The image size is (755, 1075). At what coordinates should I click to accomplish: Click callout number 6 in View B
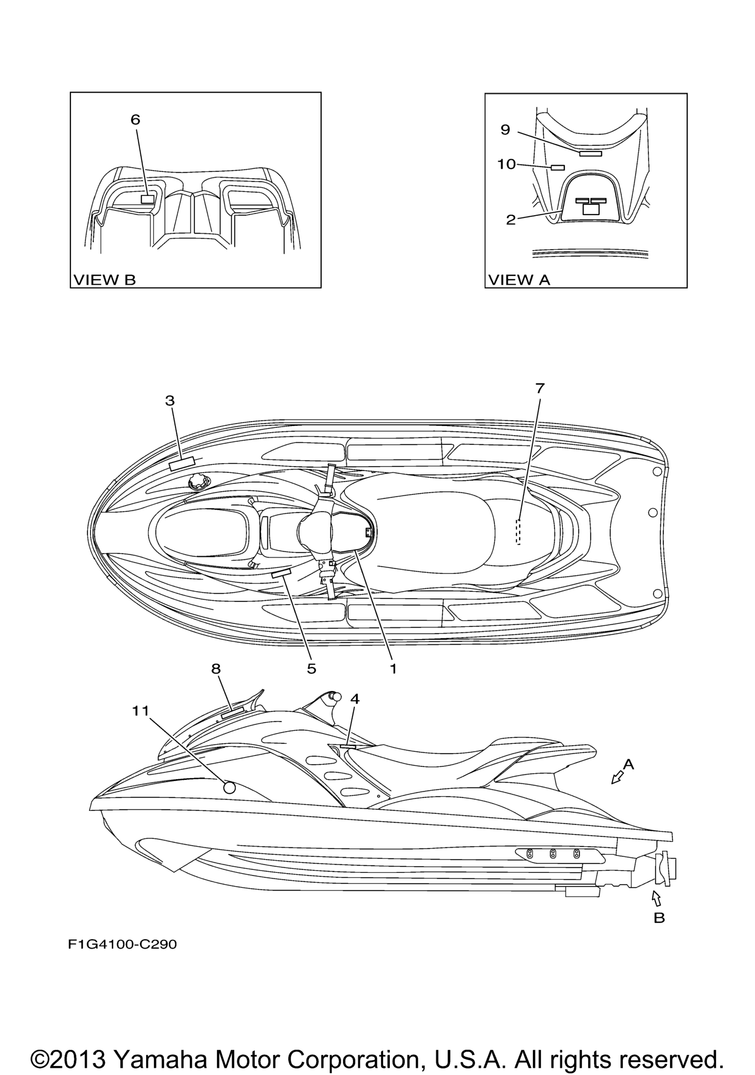point(135,120)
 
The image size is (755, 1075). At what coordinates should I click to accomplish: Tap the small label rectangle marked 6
point(147,199)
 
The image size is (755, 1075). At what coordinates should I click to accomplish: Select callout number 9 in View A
point(505,130)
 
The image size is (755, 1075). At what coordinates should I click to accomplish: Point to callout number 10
point(506,164)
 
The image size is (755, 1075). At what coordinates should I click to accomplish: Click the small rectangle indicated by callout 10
point(558,167)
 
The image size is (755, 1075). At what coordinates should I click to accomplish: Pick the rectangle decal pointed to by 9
point(590,154)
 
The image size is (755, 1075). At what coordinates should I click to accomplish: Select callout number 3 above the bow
point(170,400)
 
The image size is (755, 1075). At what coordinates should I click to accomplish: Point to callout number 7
point(540,388)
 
